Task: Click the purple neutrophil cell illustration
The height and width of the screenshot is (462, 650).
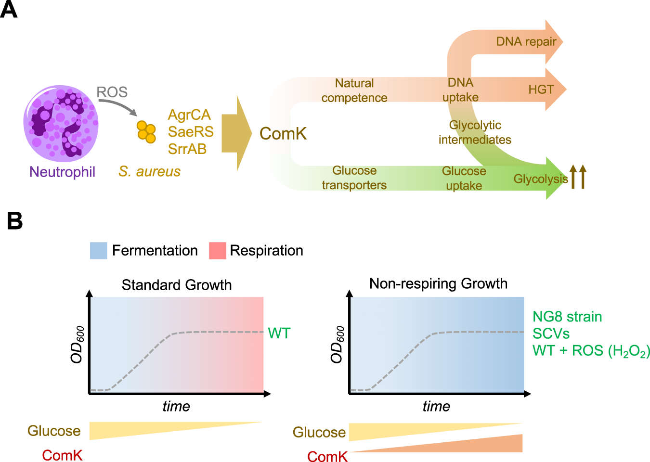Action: [61, 123]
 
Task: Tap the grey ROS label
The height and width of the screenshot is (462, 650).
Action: [112, 92]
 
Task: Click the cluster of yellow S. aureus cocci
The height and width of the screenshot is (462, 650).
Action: [146, 131]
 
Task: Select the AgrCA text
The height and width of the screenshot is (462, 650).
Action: [189, 115]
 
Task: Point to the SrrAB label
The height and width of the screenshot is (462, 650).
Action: [187, 149]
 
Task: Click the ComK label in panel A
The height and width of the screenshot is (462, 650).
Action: [283, 134]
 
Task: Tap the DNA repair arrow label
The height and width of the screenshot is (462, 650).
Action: [526, 42]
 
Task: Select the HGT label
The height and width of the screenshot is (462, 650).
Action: [541, 90]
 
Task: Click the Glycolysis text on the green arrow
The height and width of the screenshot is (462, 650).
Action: [540, 179]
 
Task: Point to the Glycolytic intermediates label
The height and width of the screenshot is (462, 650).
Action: [475, 132]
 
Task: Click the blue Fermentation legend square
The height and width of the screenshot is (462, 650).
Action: [98, 251]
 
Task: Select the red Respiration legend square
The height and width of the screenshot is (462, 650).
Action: [217, 251]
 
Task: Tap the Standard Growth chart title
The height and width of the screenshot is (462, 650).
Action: [177, 285]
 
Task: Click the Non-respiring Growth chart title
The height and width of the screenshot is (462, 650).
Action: [438, 283]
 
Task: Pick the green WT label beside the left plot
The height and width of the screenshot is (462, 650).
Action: [279, 333]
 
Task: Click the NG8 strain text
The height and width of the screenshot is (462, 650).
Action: [567, 317]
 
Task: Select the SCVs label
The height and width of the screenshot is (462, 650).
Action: [551, 334]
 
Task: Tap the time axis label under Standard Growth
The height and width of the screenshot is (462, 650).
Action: [176, 407]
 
